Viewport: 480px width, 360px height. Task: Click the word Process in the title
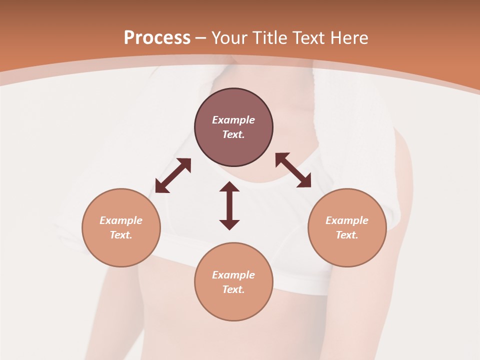pyautogui.click(x=157, y=38)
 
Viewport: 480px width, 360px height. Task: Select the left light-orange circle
pyautogui.click(x=121, y=227)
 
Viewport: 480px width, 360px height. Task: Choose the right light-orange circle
pyautogui.click(x=347, y=227)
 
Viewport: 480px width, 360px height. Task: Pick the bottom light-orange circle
pyautogui.click(x=233, y=281)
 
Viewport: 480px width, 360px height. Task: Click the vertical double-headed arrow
pyautogui.click(x=229, y=206)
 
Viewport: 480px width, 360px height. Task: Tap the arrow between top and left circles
pyautogui.click(x=173, y=175)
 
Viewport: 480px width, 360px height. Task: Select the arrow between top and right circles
pyautogui.click(x=293, y=170)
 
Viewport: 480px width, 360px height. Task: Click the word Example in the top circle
pyautogui.click(x=233, y=120)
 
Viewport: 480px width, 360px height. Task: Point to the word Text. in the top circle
pyautogui.click(x=233, y=134)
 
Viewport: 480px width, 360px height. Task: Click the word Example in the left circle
pyautogui.click(x=121, y=220)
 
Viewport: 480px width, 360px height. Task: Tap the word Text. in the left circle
pyautogui.click(x=121, y=235)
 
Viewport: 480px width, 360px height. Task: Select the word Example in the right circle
pyautogui.click(x=347, y=220)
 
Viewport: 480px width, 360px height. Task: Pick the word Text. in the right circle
pyautogui.click(x=347, y=235)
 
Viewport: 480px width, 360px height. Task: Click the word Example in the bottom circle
pyautogui.click(x=233, y=275)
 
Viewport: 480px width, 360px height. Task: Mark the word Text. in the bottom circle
pyautogui.click(x=233, y=289)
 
